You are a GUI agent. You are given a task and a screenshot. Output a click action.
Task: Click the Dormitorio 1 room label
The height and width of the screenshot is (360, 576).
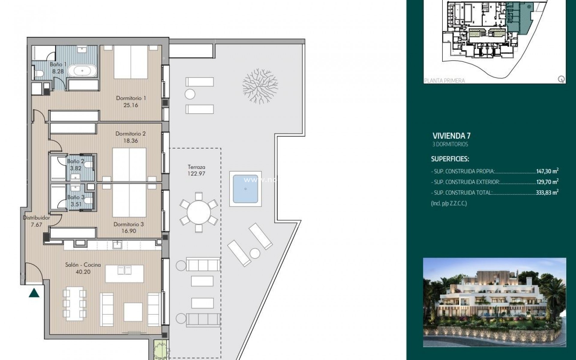tap(131, 98)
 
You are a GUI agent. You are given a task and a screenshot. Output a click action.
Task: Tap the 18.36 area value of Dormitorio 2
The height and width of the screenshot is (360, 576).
tap(130, 141)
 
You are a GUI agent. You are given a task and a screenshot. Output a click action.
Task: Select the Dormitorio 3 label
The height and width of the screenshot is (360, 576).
tap(129, 224)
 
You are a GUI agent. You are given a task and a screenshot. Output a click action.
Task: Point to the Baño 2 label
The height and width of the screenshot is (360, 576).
tap(76, 161)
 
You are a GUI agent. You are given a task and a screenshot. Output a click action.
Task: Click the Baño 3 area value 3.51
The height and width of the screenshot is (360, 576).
tap(76, 204)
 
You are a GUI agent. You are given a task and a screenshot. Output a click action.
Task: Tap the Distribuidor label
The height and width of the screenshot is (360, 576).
tap(36, 218)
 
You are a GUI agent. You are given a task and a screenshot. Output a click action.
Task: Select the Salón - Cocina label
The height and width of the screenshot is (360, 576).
tap(83, 265)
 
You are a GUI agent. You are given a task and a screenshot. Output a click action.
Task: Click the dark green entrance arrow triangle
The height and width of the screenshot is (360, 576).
tap(34, 293)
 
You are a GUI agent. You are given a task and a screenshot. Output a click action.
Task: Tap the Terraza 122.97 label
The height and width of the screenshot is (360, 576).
tap(196, 170)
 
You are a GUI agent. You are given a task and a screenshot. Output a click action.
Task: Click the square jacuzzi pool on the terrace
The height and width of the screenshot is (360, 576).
tap(245, 189)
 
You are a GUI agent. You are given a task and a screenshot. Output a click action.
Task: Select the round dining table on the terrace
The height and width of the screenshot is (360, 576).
tap(199, 212)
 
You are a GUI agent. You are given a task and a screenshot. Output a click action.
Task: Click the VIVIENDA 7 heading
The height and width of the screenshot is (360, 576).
tap(451, 136)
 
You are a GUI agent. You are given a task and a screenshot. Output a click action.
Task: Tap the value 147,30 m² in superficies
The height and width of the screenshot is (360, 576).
tap(547, 171)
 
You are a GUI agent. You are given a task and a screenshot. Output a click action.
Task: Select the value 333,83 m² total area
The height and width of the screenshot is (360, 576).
tap(547, 193)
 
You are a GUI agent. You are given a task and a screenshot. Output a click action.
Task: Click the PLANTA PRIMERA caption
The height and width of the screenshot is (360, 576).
tap(445, 80)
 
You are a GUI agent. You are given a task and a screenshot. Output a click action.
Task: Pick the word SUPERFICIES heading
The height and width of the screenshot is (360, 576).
tap(450, 159)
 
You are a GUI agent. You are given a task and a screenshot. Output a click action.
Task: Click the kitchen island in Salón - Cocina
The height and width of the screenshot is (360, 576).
tap(124, 274)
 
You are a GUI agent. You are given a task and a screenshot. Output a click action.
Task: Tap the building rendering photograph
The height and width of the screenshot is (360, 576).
tap(494, 302)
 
